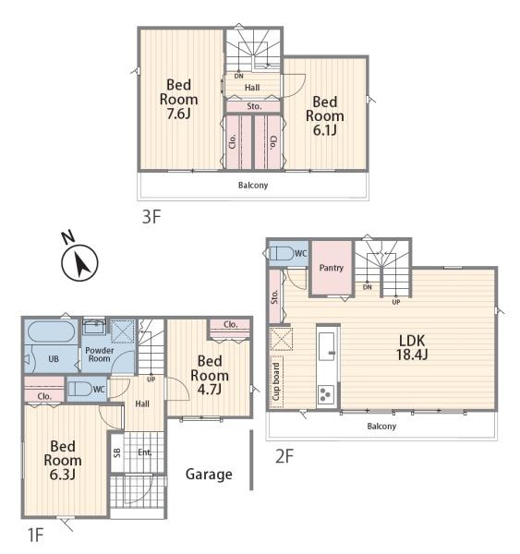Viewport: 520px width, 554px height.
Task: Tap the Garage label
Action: pyautogui.click(x=209, y=475)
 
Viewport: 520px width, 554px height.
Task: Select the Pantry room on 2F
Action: pyautogui.click(x=332, y=269)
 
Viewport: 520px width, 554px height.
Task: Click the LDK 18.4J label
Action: pyautogui.click(x=412, y=347)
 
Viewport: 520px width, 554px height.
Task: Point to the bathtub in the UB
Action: pyautogui.click(x=52, y=331)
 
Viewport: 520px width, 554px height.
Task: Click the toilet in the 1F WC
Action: pyautogui.click(x=80, y=389)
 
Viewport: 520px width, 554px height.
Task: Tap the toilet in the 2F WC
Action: pyautogui.click(x=282, y=253)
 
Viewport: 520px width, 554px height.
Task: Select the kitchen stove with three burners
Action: pyautogui.click(x=326, y=394)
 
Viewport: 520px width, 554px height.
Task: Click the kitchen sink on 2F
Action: pyautogui.click(x=326, y=346)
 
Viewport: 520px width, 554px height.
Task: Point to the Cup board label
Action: pyautogui.click(x=276, y=381)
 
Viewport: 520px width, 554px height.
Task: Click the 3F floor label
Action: pyautogui.click(x=151, y=217)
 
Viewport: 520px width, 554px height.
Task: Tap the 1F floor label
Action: pyautogui.click(x=35, y=535)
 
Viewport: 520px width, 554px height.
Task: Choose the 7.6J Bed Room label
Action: pyautogui.click(x=178, y=100)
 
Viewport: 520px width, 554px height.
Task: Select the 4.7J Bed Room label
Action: pyautogui.click(x=210, y=375)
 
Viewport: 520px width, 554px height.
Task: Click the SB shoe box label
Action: pyautogui.click(x=116, y=452)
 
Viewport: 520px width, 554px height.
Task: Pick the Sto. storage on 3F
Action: pyautogui.click(x=253, y=106)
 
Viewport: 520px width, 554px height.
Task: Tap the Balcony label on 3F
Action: pyautogui.click(x=253, y=186)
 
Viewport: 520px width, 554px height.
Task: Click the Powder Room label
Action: pyautogui.click(x=100, y=355)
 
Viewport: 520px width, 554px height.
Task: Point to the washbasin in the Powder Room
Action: pyautogui.click(x=94, y=327)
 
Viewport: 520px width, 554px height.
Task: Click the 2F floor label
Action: pyautogui.click(x=284, y=456)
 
